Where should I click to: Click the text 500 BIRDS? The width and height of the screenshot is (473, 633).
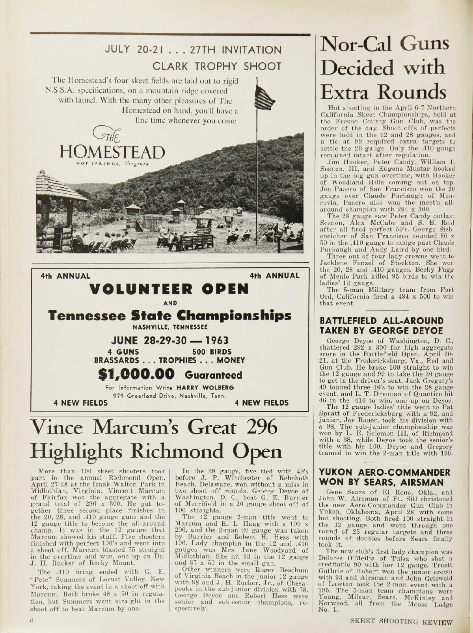[x=211, y=351]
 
